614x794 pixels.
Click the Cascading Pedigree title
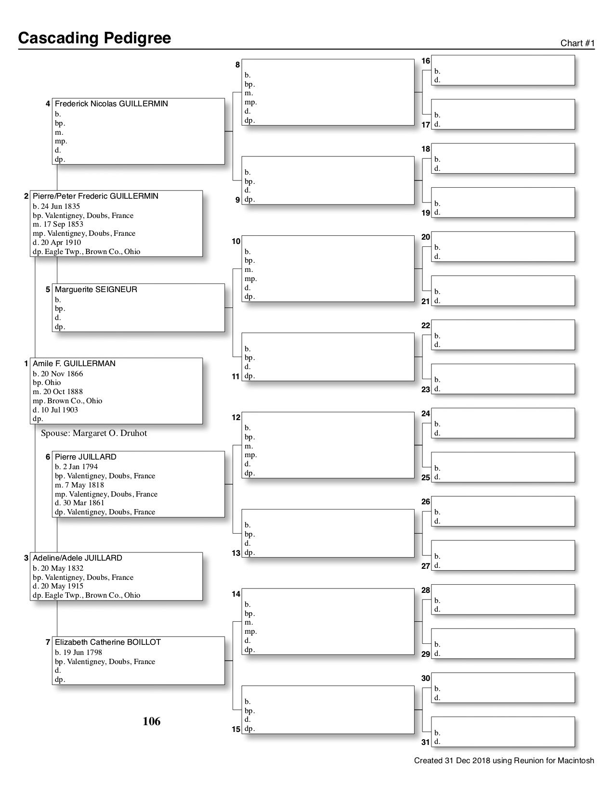(94, 38)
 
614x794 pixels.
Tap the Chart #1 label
(577, 43)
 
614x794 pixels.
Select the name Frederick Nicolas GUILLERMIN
(111, 104)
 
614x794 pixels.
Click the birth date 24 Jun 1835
(56, 206)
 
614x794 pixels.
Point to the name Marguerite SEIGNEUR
(96, 290)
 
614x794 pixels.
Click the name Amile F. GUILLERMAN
(74, 364)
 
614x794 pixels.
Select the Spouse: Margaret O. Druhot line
(94, 433)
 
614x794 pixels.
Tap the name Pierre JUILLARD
(85, 457)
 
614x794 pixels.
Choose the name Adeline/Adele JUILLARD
(77, 558)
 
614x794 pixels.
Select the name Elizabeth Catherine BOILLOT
(107, 642)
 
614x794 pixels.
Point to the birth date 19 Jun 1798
(78, 653)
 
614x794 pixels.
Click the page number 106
(151, 721)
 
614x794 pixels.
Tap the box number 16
(426, 61)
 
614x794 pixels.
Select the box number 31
(425, 743)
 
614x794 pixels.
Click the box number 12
(236, 418)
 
